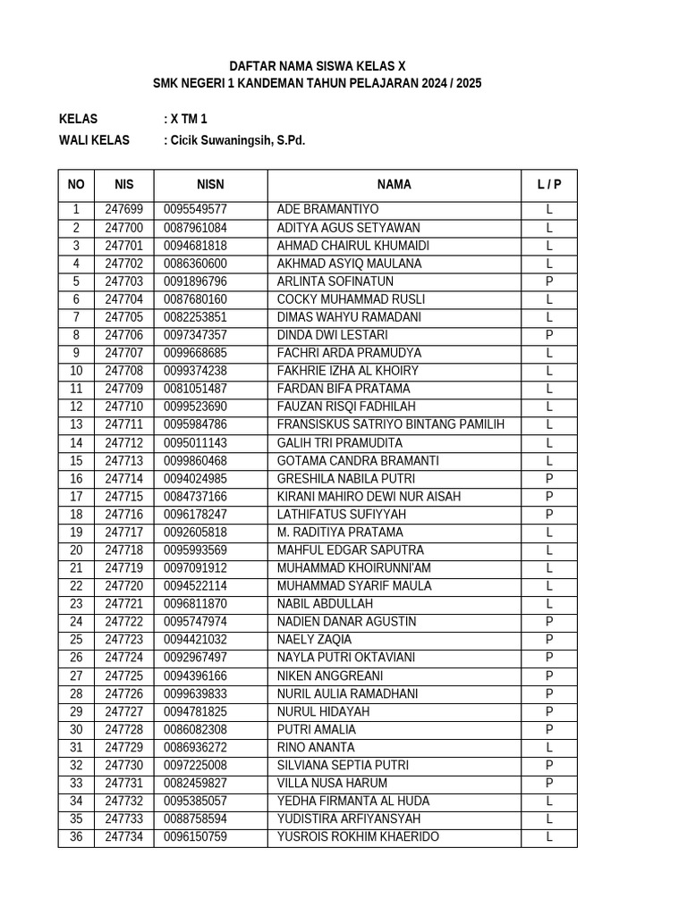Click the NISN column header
[210, 185]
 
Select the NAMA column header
[394, 185]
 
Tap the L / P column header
[549, 185]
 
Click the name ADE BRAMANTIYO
[328, 210]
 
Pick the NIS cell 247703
[123, 281]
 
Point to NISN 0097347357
[195, 335]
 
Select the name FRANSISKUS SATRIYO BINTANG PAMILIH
[391, 424]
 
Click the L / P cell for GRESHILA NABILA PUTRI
[549, 479]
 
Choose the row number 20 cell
[76, 550]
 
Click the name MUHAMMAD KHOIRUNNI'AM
[354, 568]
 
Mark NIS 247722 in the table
[123, 622]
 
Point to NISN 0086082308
[195, 730]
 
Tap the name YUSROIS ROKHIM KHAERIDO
[359, 837]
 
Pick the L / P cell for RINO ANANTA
[549, 748]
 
